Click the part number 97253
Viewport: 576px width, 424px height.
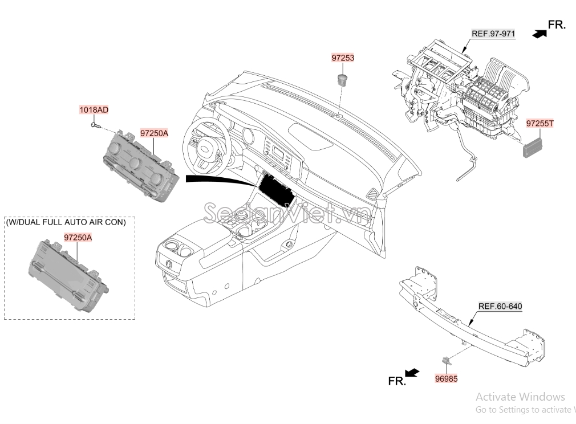343,58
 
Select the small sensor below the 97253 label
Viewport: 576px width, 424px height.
342,78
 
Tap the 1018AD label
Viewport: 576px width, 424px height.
94,109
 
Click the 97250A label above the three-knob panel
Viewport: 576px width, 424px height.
154,133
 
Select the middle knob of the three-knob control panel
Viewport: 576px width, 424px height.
135,163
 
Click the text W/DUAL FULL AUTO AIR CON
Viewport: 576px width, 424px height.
66,222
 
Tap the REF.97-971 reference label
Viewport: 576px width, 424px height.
493,34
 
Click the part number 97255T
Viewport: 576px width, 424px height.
540,123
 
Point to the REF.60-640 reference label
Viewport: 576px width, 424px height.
500,306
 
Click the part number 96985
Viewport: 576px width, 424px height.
446,378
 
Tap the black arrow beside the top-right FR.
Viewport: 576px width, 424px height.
538,34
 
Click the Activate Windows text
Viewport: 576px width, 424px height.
520,397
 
